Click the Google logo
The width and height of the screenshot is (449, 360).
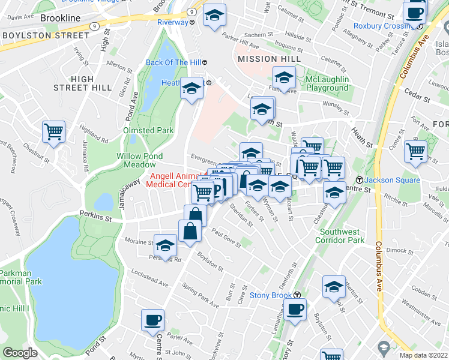pos(20,353)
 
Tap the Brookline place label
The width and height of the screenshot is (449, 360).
pos(61,18)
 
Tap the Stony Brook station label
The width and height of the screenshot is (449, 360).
pos(271,295)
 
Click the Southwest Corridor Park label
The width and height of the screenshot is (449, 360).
pos(342,236)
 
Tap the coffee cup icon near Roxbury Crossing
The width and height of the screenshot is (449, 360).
pos(415,13)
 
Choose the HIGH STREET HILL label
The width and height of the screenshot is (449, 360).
pos(82,83)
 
